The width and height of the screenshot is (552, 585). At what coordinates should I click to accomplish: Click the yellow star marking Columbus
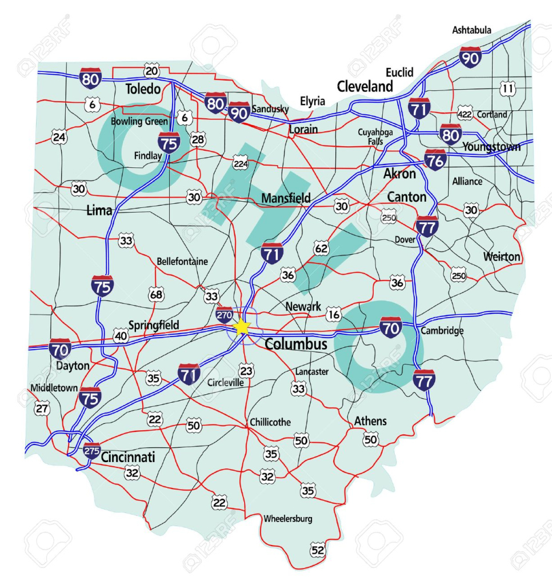pos(242,327)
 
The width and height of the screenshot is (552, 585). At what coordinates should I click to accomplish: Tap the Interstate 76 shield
pos(435,161)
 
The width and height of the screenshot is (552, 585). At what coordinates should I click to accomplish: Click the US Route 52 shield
pos(318,550)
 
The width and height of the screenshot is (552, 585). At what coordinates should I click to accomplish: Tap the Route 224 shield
pos(241,165)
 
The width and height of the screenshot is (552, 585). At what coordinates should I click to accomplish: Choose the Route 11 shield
pos(507,89)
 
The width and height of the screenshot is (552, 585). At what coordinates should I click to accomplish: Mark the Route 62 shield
pos(322,248)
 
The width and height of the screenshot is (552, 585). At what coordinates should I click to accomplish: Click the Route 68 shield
pos(156,294)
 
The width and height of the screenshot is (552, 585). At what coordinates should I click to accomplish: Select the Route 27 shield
pos(42,408)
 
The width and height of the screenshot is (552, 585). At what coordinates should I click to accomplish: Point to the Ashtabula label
pos(471,30)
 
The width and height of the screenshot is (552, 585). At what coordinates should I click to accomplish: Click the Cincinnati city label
pos(128,458)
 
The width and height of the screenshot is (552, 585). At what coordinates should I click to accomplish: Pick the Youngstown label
pos(491,147)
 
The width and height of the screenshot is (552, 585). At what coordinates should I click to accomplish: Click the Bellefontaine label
pos(182,262)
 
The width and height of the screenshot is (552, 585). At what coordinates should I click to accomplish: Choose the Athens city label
pos(370,421)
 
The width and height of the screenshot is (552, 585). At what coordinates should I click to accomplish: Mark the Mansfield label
pos(286,198)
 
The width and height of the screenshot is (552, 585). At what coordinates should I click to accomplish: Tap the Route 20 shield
pos(151,71)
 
